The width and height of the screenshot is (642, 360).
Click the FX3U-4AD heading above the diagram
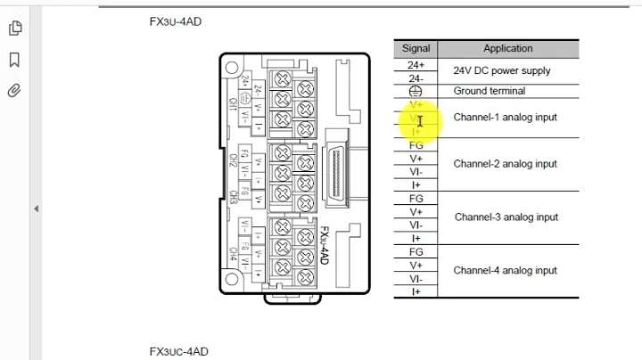(x=176, y=21)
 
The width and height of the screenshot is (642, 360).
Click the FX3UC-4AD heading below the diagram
(x=178, y=351)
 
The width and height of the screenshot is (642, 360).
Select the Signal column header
(x=416, y=49)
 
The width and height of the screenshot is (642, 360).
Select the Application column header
(x=507, y=49)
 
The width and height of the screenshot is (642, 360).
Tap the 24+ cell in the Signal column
(x=416, y=65)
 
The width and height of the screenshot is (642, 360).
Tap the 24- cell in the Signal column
(x=416, y=78)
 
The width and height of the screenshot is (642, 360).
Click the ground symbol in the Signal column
(x=416, y=91)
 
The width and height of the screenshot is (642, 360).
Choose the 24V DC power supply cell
(x=501, y=71)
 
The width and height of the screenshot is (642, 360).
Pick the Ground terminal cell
(x=489, y=91)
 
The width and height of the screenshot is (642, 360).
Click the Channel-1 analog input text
(x=505, y=118)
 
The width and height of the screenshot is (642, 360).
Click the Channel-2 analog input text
(x=505, y=164)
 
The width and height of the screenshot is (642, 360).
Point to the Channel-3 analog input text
(x=506, y=217)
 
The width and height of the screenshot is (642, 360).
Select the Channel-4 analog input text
(x=505, y=271)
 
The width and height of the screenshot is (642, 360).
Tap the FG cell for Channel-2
(x=416, y=145)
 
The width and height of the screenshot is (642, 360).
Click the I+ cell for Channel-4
(x=416, y=291)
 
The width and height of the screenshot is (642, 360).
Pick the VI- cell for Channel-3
(x=416, y=225)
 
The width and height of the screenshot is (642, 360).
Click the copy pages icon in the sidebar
(x=14, y=29)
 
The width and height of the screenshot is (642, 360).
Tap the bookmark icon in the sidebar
(x=14, y=60)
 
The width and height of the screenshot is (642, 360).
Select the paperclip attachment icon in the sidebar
(x=14, y=91)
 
